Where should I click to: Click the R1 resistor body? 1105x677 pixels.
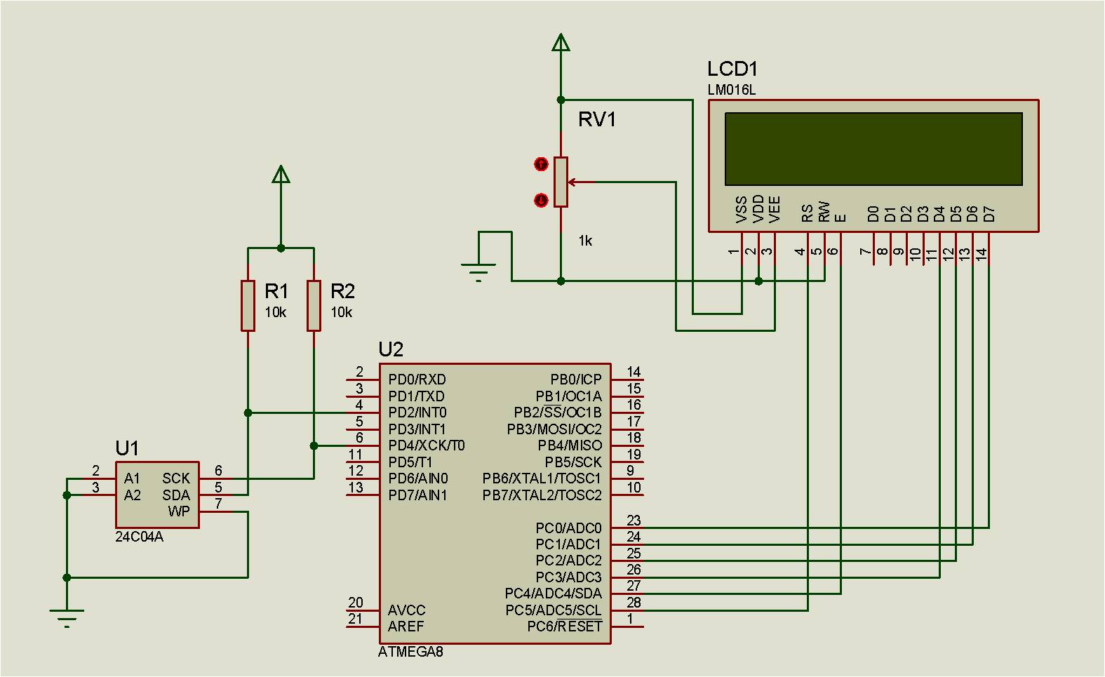[x=248, y=305]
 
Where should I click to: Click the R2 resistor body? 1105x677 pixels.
[x=314, y=305]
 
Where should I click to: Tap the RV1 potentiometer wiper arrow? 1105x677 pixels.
[x=574, y=182]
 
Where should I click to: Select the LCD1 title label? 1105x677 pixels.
[x=732, y=69]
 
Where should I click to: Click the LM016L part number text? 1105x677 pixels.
[x=731, y=90]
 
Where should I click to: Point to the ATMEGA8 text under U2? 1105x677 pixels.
[x=410, y=652]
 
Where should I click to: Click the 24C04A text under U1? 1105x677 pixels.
[x=139, y=537]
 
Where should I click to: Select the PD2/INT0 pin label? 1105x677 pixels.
[x=417, y=413]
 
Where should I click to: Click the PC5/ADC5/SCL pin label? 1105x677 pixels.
[x=553, y=610]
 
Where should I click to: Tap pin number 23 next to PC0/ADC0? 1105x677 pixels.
[x=634, y=521]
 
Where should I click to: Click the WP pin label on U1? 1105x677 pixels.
[x=179, y=511]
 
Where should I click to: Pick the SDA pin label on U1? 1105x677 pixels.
[x=176, y=495]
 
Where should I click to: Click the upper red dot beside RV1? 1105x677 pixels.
[x=541, y=164]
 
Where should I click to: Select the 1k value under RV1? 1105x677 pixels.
[x=585, y=241]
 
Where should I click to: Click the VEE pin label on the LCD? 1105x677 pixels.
[x=775, y=209]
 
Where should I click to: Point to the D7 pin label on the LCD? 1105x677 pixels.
[x=989, y=213]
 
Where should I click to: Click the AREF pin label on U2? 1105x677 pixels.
[x=406, y=626]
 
